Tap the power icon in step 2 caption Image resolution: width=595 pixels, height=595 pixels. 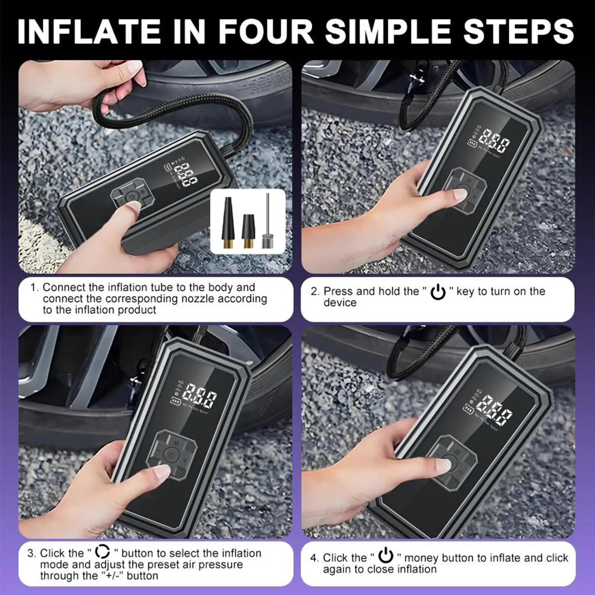coord(438,292)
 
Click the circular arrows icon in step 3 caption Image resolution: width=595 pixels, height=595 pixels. coord(103,552)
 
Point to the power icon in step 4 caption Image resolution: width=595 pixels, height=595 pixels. coord(386,556)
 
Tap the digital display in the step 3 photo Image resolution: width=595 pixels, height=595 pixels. coord(201,396)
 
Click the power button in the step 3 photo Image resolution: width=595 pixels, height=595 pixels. coord(170,455)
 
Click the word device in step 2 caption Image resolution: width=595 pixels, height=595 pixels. coord(340,303)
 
